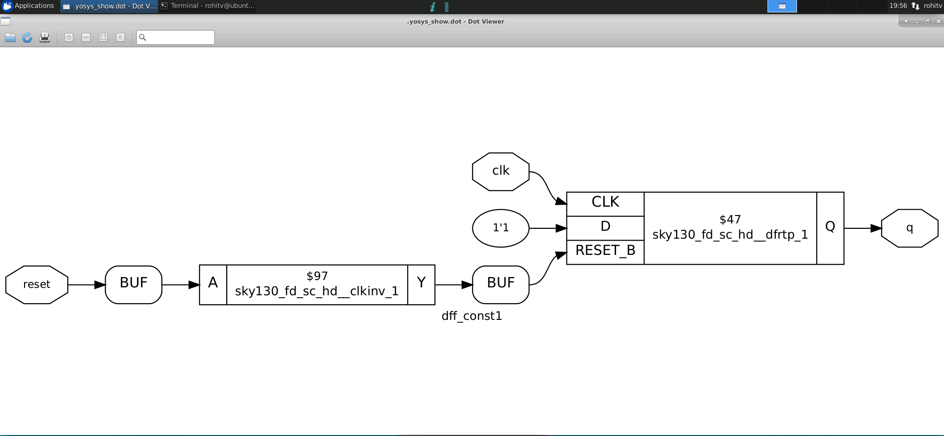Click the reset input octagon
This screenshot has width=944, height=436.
(36, 284)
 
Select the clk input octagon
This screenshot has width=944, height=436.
(501, 171)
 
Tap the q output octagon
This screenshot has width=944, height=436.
(910, 228)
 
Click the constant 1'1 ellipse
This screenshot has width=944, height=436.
(501, 228)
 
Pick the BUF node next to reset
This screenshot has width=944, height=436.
(133, 284)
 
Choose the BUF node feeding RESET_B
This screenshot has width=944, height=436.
(501, 284)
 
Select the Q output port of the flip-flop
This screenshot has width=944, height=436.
(830, 227)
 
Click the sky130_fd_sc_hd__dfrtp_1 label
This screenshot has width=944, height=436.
(730, 235)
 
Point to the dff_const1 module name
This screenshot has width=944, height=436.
(472, 316)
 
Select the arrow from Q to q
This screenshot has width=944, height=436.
(862, 228)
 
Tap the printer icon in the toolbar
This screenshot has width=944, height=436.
(45, 37)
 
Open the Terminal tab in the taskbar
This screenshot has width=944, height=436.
(207, 6)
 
